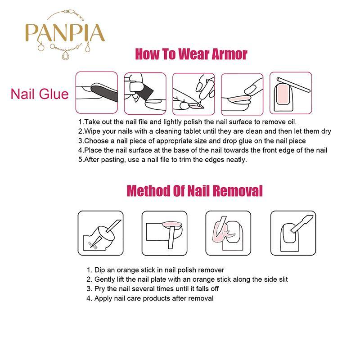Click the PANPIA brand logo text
coord(65,33)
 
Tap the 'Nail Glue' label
coord(40,94)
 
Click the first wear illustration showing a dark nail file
coord(97,93)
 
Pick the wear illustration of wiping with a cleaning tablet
coord(145,94)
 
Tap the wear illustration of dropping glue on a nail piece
coord(193,94)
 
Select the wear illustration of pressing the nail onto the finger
coord(242,94)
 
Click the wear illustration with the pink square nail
coord(291,93)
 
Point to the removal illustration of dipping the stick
coord(100,233)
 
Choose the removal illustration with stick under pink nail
coord(164,233)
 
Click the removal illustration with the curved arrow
coord(228,233)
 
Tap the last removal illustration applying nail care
coord(293,233)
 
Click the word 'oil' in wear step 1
coord(291,121)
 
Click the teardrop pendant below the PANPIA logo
coord(66,55)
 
